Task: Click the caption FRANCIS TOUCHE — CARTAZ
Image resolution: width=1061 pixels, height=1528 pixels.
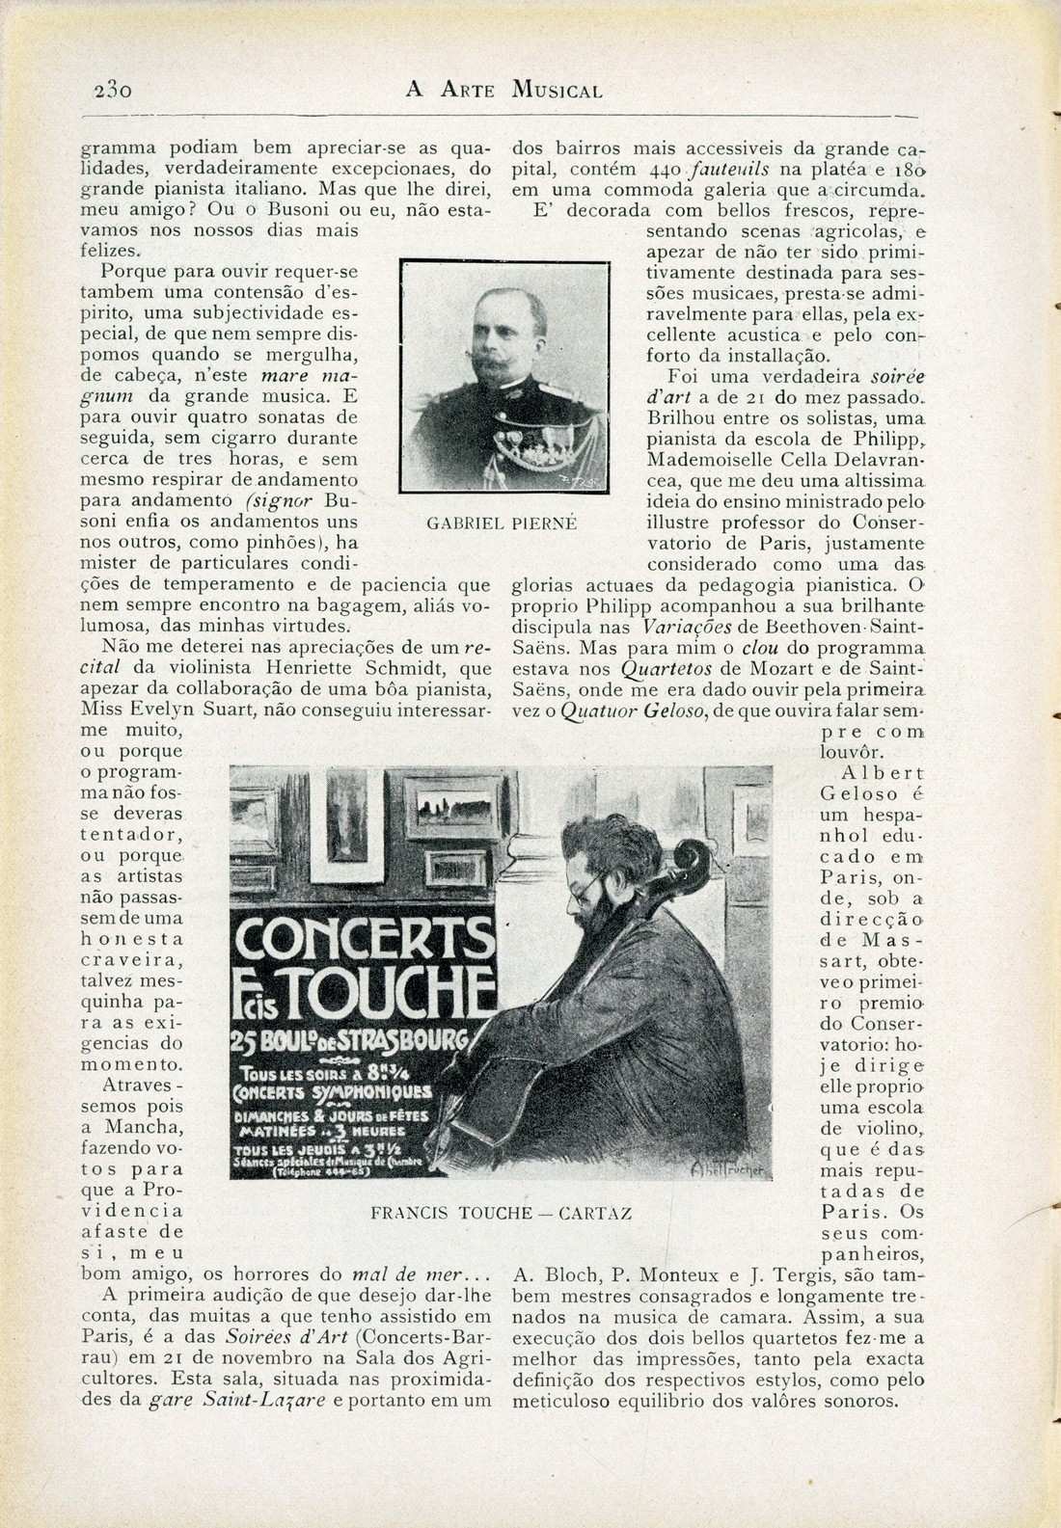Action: click(502, 1213)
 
